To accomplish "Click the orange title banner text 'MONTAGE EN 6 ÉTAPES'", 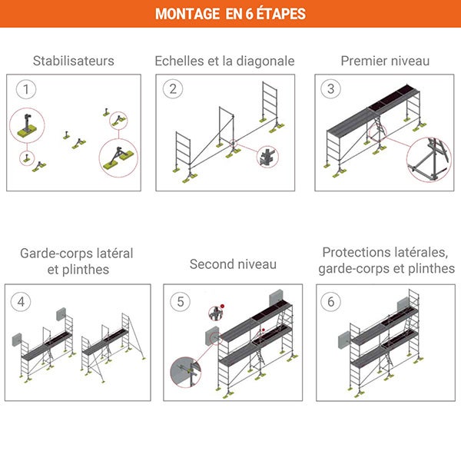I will tap(230, 14).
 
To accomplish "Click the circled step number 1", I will tap(27, 89).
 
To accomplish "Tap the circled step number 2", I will tap(174, 89).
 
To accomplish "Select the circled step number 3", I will tap(331, 89).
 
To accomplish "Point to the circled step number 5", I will tap(181, 301).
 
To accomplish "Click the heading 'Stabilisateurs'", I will tap(74, 61).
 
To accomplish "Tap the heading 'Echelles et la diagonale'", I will tap(224, 61).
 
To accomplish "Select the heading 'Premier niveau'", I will tap(385, 61).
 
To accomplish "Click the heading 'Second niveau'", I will tap(233, 264).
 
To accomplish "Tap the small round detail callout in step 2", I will tap(267, 157).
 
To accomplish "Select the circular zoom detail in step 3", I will tap(428, 158).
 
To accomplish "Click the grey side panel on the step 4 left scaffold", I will tap(18, 339).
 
